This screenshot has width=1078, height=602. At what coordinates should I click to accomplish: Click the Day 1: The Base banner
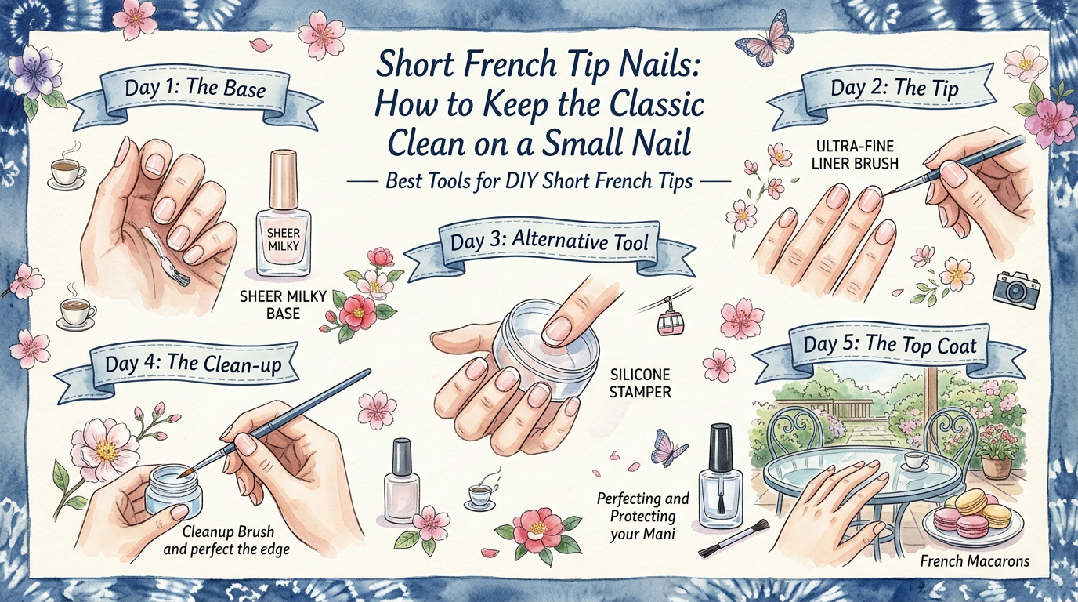(195, 87)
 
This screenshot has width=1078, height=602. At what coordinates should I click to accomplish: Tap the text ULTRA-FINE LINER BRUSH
(854, 155)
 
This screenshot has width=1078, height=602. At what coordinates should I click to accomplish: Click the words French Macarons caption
(974, 561)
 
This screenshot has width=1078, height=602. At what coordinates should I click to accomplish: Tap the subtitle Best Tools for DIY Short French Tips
(538, 181)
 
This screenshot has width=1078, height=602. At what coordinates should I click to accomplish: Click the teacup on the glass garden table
(913, 459)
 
